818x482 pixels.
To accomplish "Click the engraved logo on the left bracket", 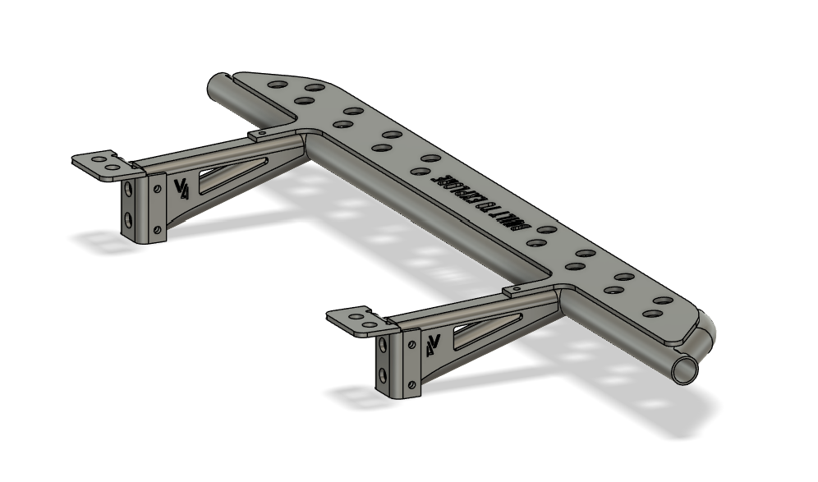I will pos(182,188).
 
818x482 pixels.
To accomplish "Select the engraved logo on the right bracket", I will pos(434,344).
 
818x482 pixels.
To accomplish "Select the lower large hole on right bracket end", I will pos(384,374).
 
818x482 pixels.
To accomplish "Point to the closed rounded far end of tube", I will pos(218,83).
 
